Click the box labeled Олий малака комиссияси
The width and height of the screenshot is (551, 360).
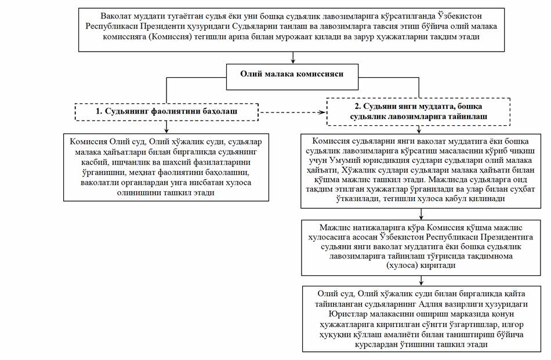tap(292, 74)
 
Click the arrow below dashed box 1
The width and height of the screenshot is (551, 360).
tap(167, 126)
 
